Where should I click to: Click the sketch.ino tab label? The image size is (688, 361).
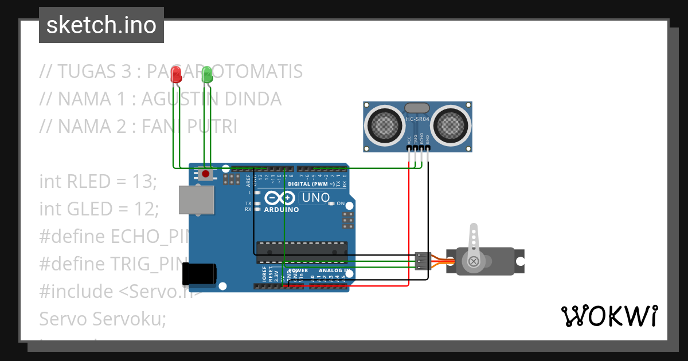point(101,25)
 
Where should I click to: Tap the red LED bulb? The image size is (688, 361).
point(177,74)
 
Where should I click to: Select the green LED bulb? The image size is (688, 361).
point(206,74)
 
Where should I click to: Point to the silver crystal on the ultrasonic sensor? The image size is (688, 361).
point(417,108)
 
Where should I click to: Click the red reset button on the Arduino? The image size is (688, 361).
point(205,173)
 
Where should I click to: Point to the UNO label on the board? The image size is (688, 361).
point(316,198)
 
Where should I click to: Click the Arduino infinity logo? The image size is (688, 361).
point(281,198)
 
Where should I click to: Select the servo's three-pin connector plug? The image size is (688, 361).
point(422,261)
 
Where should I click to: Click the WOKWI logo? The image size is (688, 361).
point(609,316)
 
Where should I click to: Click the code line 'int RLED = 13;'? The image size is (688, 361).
point(97,182)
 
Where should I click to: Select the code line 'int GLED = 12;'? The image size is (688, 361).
point(99,209)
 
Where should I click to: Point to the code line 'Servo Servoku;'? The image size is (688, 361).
point(102,319)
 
